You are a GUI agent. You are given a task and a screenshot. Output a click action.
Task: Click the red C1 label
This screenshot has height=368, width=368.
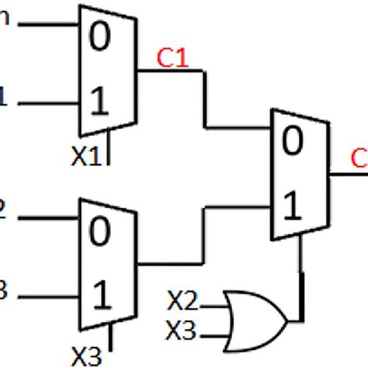172,57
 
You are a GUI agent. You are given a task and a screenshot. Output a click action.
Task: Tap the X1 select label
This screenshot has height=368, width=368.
85,157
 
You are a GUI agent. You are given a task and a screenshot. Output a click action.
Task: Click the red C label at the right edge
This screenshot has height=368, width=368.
359,159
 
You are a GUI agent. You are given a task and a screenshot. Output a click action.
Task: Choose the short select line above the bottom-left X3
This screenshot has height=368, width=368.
113,335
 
